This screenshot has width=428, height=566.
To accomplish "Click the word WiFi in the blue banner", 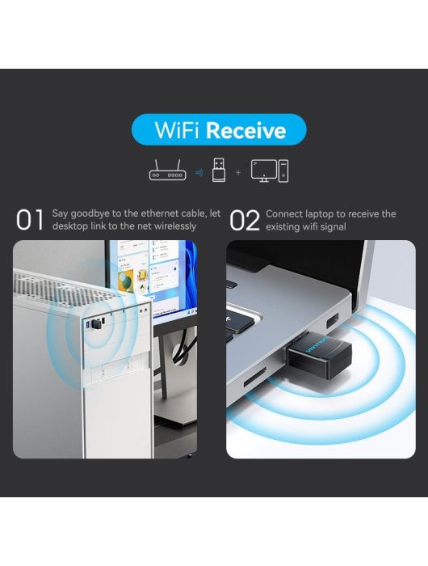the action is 177,130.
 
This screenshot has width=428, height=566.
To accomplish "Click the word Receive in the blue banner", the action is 246,130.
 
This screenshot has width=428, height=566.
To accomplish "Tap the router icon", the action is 168,171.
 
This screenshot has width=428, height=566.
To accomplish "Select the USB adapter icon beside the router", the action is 219,170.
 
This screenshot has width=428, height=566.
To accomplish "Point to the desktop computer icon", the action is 270,171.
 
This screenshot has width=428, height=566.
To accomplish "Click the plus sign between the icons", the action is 238,172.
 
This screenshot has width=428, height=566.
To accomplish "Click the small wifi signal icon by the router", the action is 199,172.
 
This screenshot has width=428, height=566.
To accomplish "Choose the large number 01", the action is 30,220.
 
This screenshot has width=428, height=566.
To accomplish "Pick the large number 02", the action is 245,221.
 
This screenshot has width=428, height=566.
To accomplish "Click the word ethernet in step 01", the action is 159,213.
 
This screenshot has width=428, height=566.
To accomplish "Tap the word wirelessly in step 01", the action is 175,226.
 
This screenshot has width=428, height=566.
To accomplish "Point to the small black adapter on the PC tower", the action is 96,323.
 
